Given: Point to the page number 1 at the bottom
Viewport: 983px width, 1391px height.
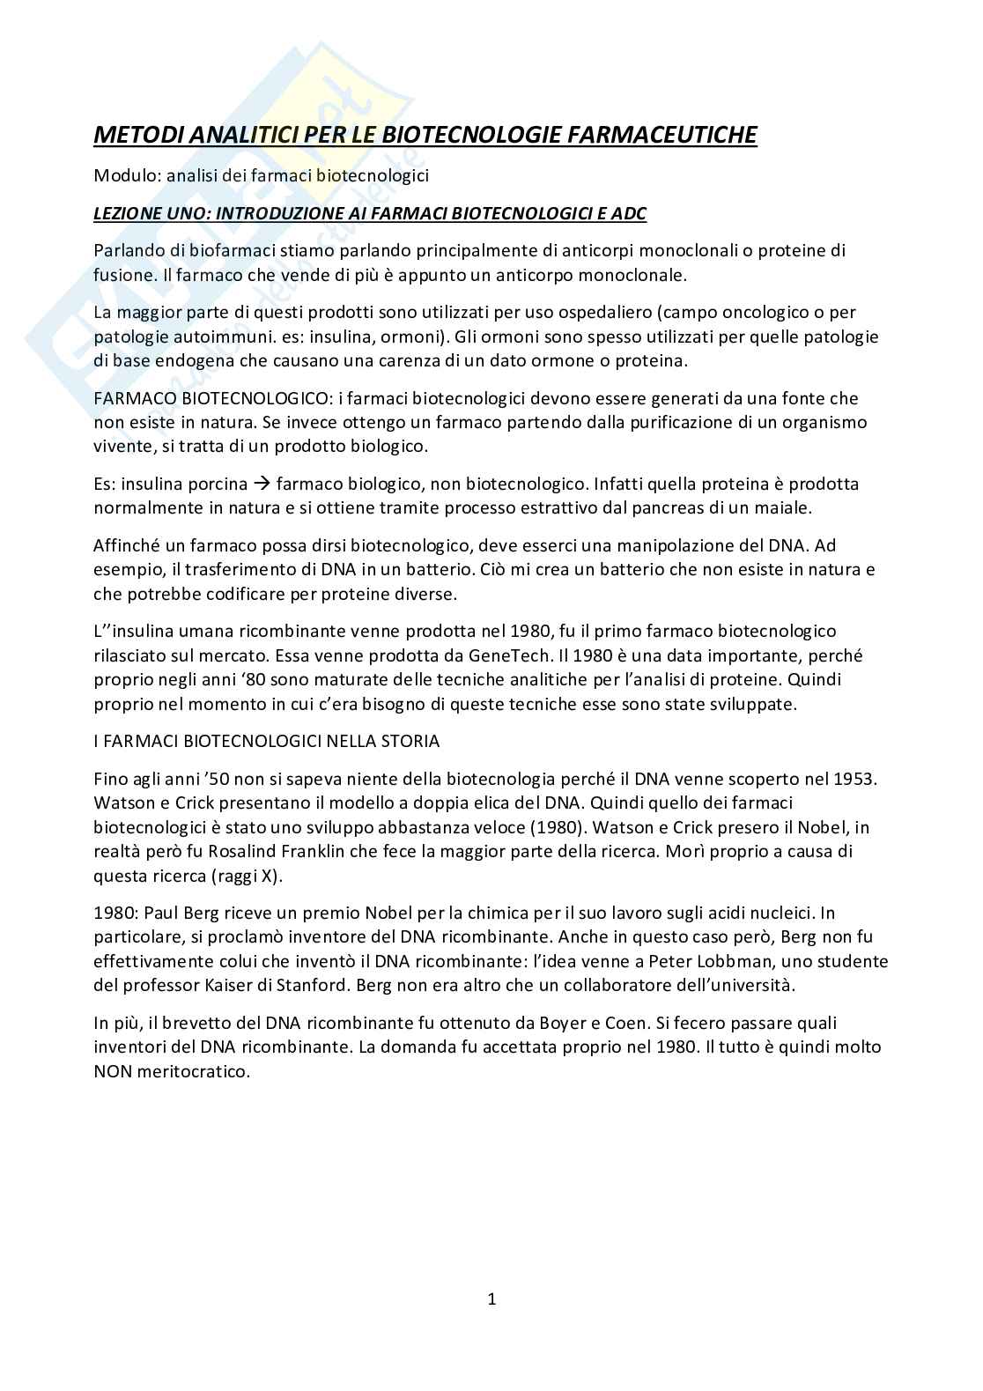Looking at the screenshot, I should coord(491,1299).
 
